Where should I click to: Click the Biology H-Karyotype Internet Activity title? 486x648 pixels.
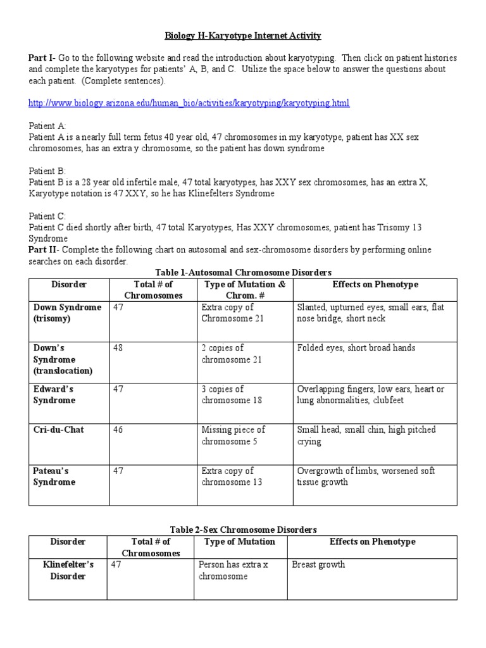point(243,36)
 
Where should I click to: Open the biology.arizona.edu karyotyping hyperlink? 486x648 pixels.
point(189,103)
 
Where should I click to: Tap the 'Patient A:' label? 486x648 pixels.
point(47,126)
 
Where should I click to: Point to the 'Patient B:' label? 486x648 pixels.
point(47,171)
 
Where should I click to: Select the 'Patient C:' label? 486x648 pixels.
point(47,216)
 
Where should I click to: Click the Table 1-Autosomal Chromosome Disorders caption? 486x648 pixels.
point(243,272)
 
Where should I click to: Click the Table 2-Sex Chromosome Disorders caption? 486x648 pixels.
point(243,529)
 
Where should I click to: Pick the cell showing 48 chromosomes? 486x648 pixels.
point(119,348)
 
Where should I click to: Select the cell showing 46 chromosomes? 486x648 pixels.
point(119,430)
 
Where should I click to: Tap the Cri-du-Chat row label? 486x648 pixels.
point(58,430)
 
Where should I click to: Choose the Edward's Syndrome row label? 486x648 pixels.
point(54,395)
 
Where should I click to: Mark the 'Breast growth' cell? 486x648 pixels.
point(318,564)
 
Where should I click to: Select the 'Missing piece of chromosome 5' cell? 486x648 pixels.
point(233,435)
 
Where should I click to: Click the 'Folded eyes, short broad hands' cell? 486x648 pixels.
point(356,348)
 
